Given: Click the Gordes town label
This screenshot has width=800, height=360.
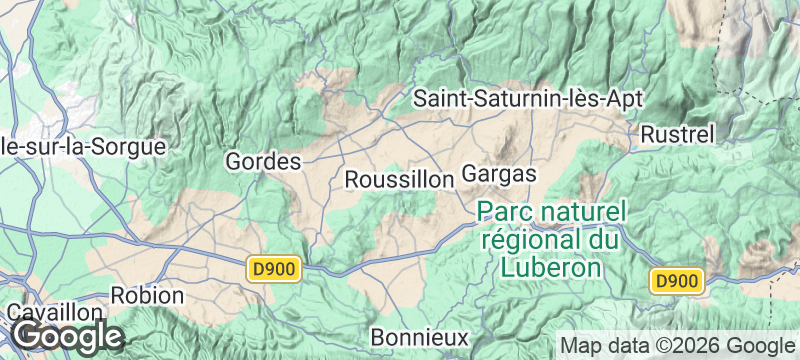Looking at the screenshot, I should click(x=264, y=161).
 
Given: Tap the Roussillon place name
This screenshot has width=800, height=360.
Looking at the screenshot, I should click(x=399, y=179).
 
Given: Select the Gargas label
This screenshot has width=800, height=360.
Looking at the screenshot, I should click(x=500, y=174).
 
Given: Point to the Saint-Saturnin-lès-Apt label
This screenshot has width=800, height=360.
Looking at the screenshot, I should click(x=528, y=99).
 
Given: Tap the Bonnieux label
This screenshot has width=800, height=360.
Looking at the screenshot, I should click(x=419, y=334).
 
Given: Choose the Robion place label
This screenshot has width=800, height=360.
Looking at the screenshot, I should click(x=147, y=296).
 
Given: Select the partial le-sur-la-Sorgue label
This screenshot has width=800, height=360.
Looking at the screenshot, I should click(x=82, y=146).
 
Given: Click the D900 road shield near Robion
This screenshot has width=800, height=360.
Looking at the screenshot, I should click(x=274, y=268).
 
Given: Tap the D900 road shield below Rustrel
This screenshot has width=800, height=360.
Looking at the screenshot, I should click(x=675, y=282).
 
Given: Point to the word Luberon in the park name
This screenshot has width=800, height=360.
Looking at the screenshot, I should click(x=551, y=267).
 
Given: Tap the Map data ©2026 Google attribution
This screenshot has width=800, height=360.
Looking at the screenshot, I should click(x=675, y=345).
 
